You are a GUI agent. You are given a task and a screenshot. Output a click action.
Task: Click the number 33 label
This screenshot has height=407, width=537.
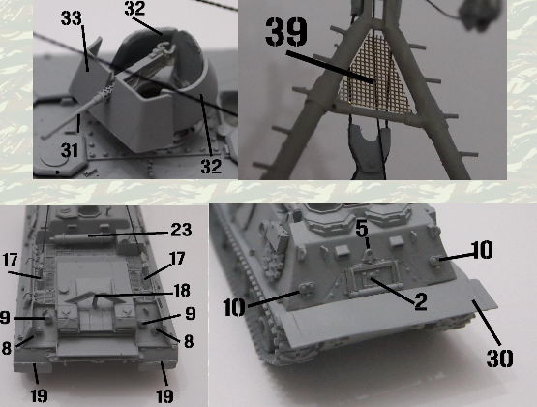coord(72,17)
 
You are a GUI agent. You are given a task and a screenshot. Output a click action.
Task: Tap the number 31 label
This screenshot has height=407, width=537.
coord(70,150)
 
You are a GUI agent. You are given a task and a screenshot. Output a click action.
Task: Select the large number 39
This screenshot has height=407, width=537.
coord(286,32)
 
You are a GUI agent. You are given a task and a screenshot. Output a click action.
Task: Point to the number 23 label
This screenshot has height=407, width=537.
coord(181,230)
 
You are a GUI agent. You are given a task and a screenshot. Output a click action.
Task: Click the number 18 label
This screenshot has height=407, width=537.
coord(182,291)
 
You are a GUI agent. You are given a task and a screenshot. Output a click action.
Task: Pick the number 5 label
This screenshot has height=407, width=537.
coord(362,229)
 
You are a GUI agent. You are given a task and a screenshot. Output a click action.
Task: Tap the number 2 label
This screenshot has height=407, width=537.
coord(421,301)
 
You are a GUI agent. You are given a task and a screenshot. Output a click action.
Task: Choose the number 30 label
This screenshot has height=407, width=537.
coord(499,359)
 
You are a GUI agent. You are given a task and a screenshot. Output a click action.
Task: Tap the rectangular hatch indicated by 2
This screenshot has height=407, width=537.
coord(373,280)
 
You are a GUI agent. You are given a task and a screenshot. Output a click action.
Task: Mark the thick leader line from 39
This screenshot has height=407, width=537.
coord(330,67)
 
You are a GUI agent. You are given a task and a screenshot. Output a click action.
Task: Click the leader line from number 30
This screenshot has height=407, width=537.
coord(487,322)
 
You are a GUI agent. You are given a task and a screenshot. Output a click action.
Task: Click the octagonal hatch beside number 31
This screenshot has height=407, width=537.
coord(59,158)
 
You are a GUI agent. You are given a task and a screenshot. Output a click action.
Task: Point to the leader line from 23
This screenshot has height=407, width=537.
coord(129,235)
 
